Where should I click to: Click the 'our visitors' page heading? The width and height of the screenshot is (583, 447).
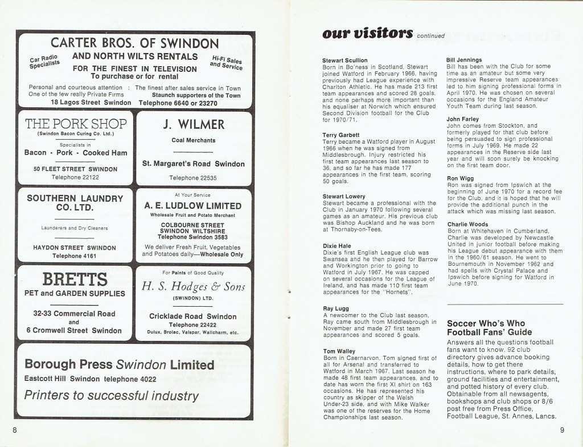(367, 34)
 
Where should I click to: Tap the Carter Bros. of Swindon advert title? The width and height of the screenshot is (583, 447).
(135, 43)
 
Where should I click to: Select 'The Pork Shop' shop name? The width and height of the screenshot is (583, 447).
(76, 124)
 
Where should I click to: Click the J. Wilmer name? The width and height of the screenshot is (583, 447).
(194, 124)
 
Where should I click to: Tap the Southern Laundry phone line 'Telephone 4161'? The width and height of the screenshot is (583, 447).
(75, 256)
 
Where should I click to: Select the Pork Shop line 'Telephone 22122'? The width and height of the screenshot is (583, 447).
(75, 177)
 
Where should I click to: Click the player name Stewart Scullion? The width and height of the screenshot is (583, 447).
(345, 60)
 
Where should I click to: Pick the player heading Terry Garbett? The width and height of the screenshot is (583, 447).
(341, 135)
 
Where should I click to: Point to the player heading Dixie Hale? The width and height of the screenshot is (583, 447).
(337, 246)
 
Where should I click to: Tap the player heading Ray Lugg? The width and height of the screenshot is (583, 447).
(336, 308)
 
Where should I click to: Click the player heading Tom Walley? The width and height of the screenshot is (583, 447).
(340, 351)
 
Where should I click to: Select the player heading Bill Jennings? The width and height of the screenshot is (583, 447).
(465, 60)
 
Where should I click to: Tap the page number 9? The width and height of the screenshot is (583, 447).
(561, 430)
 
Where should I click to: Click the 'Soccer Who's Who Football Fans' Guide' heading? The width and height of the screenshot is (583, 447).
(490, 327)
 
